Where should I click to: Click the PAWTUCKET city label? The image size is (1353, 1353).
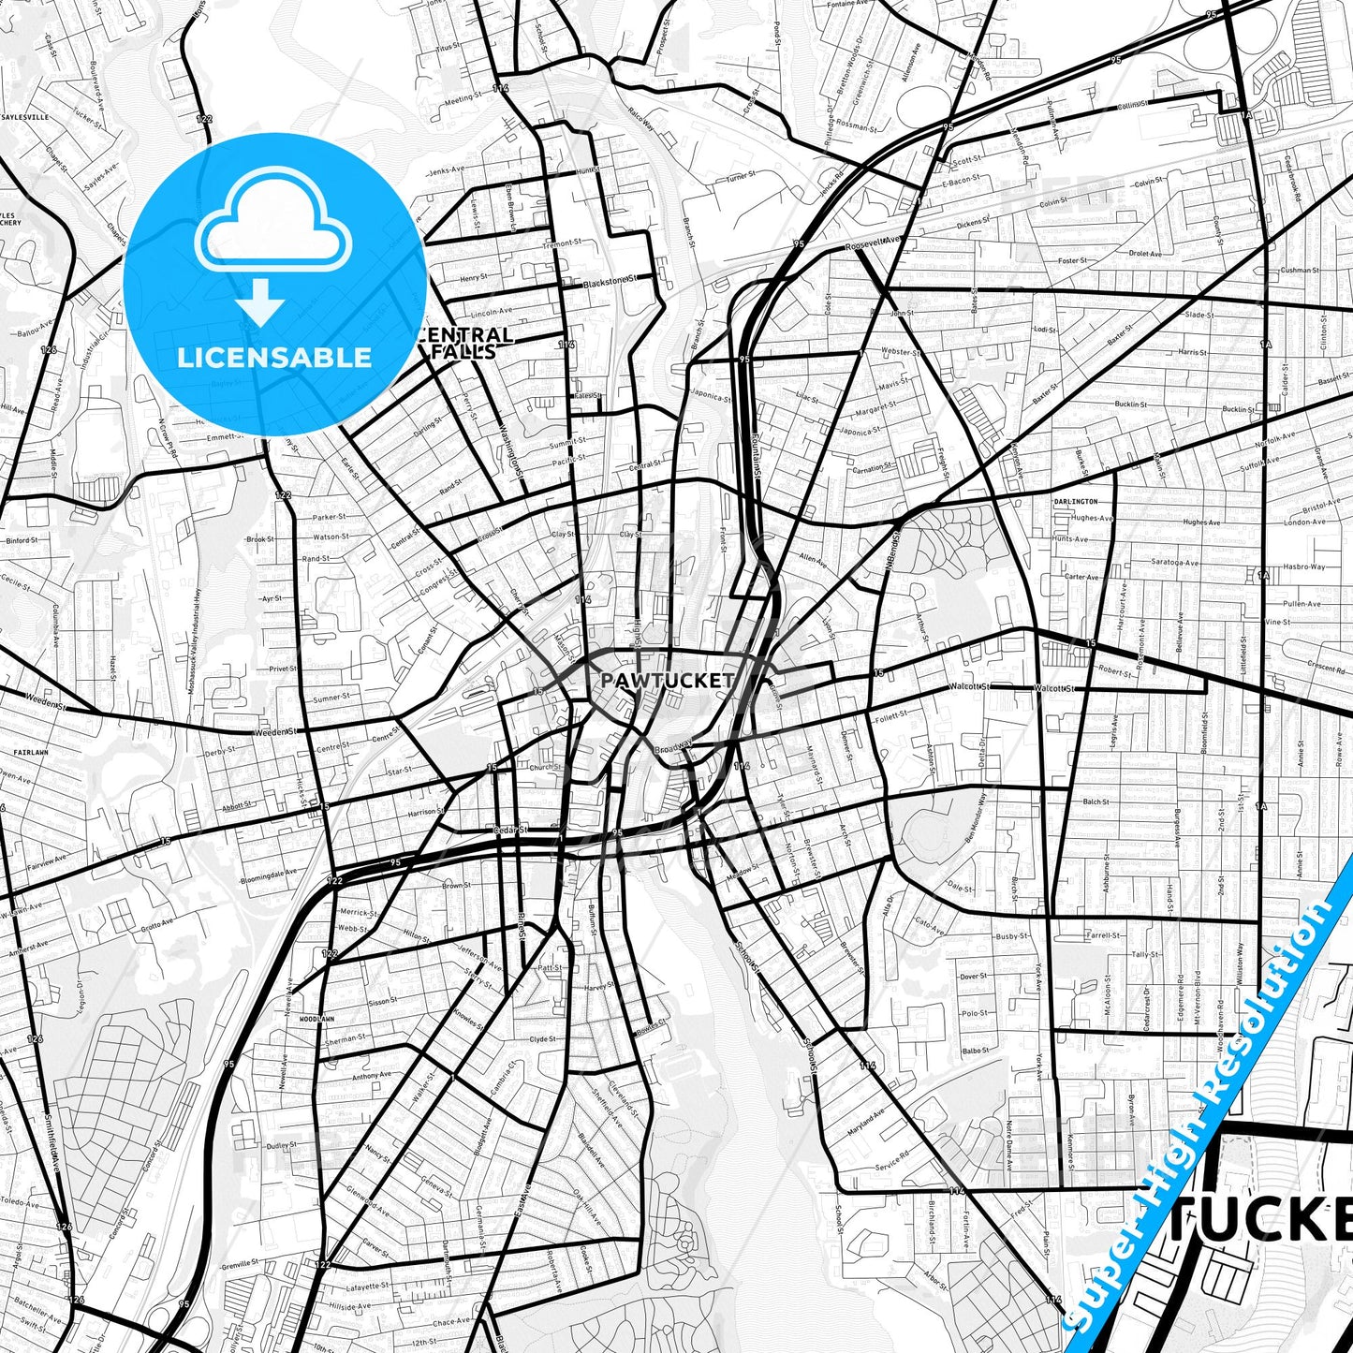667,681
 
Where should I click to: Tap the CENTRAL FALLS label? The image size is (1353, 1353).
465,343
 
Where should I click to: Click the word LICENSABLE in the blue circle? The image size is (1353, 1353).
274,358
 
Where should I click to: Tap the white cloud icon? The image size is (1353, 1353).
272,222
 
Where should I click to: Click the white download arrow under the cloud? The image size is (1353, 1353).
260,301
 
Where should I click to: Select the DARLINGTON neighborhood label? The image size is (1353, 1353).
1075,502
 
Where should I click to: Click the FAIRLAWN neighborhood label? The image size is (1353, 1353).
30,752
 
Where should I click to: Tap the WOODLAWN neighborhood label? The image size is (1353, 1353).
316,1019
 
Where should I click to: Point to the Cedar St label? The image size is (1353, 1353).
510,829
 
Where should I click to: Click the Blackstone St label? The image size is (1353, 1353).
610,281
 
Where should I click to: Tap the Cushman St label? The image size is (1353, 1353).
1300,270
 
